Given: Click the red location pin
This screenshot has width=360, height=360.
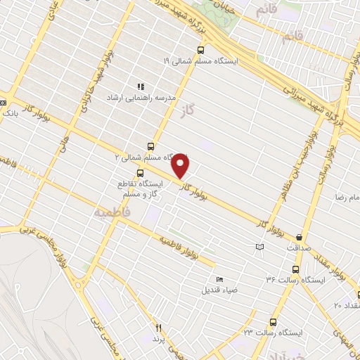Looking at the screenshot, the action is pos(181,165).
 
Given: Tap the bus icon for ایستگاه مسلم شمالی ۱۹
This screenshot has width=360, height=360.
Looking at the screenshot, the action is pos(201,50).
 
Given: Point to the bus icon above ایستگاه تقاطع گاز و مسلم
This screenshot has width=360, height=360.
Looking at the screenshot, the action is pos(141,173).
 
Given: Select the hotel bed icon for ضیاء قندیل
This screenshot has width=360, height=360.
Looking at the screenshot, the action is pos(220,279).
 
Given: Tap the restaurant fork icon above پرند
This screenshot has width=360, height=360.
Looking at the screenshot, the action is pos(158,328).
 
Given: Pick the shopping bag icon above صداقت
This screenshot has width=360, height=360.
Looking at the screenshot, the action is pos(300,238).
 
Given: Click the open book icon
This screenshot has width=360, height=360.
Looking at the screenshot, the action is pos(259,247).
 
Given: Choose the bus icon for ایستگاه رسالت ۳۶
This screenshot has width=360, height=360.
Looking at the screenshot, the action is pos(295,269).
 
